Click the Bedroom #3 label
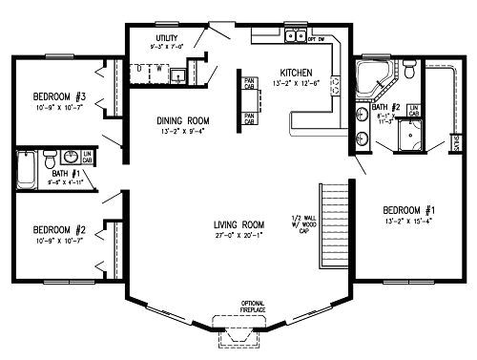[61, 97]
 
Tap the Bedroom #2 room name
[60, 230]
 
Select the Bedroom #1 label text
[408, 210]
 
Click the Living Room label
[238, 225]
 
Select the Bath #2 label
[388, 108]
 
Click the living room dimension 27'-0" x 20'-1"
[238, 235]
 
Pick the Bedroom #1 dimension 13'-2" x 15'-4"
[408, 220]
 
